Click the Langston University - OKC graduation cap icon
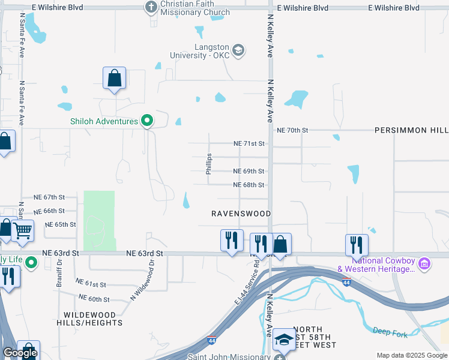coord(238,50)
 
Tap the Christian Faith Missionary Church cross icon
coord(151,7)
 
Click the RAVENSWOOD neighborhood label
coord(241,214)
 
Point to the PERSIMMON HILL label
coord(411,130)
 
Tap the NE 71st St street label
coord(249,144)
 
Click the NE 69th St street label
coord(249,171)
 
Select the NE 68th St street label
coord(249,185)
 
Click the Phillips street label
coord(209,164)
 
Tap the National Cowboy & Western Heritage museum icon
coord(424,263)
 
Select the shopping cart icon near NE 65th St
coord(23,229)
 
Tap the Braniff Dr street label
coord(60,277)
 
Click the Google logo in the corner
coord(20,353)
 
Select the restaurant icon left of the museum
coord(357,244)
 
